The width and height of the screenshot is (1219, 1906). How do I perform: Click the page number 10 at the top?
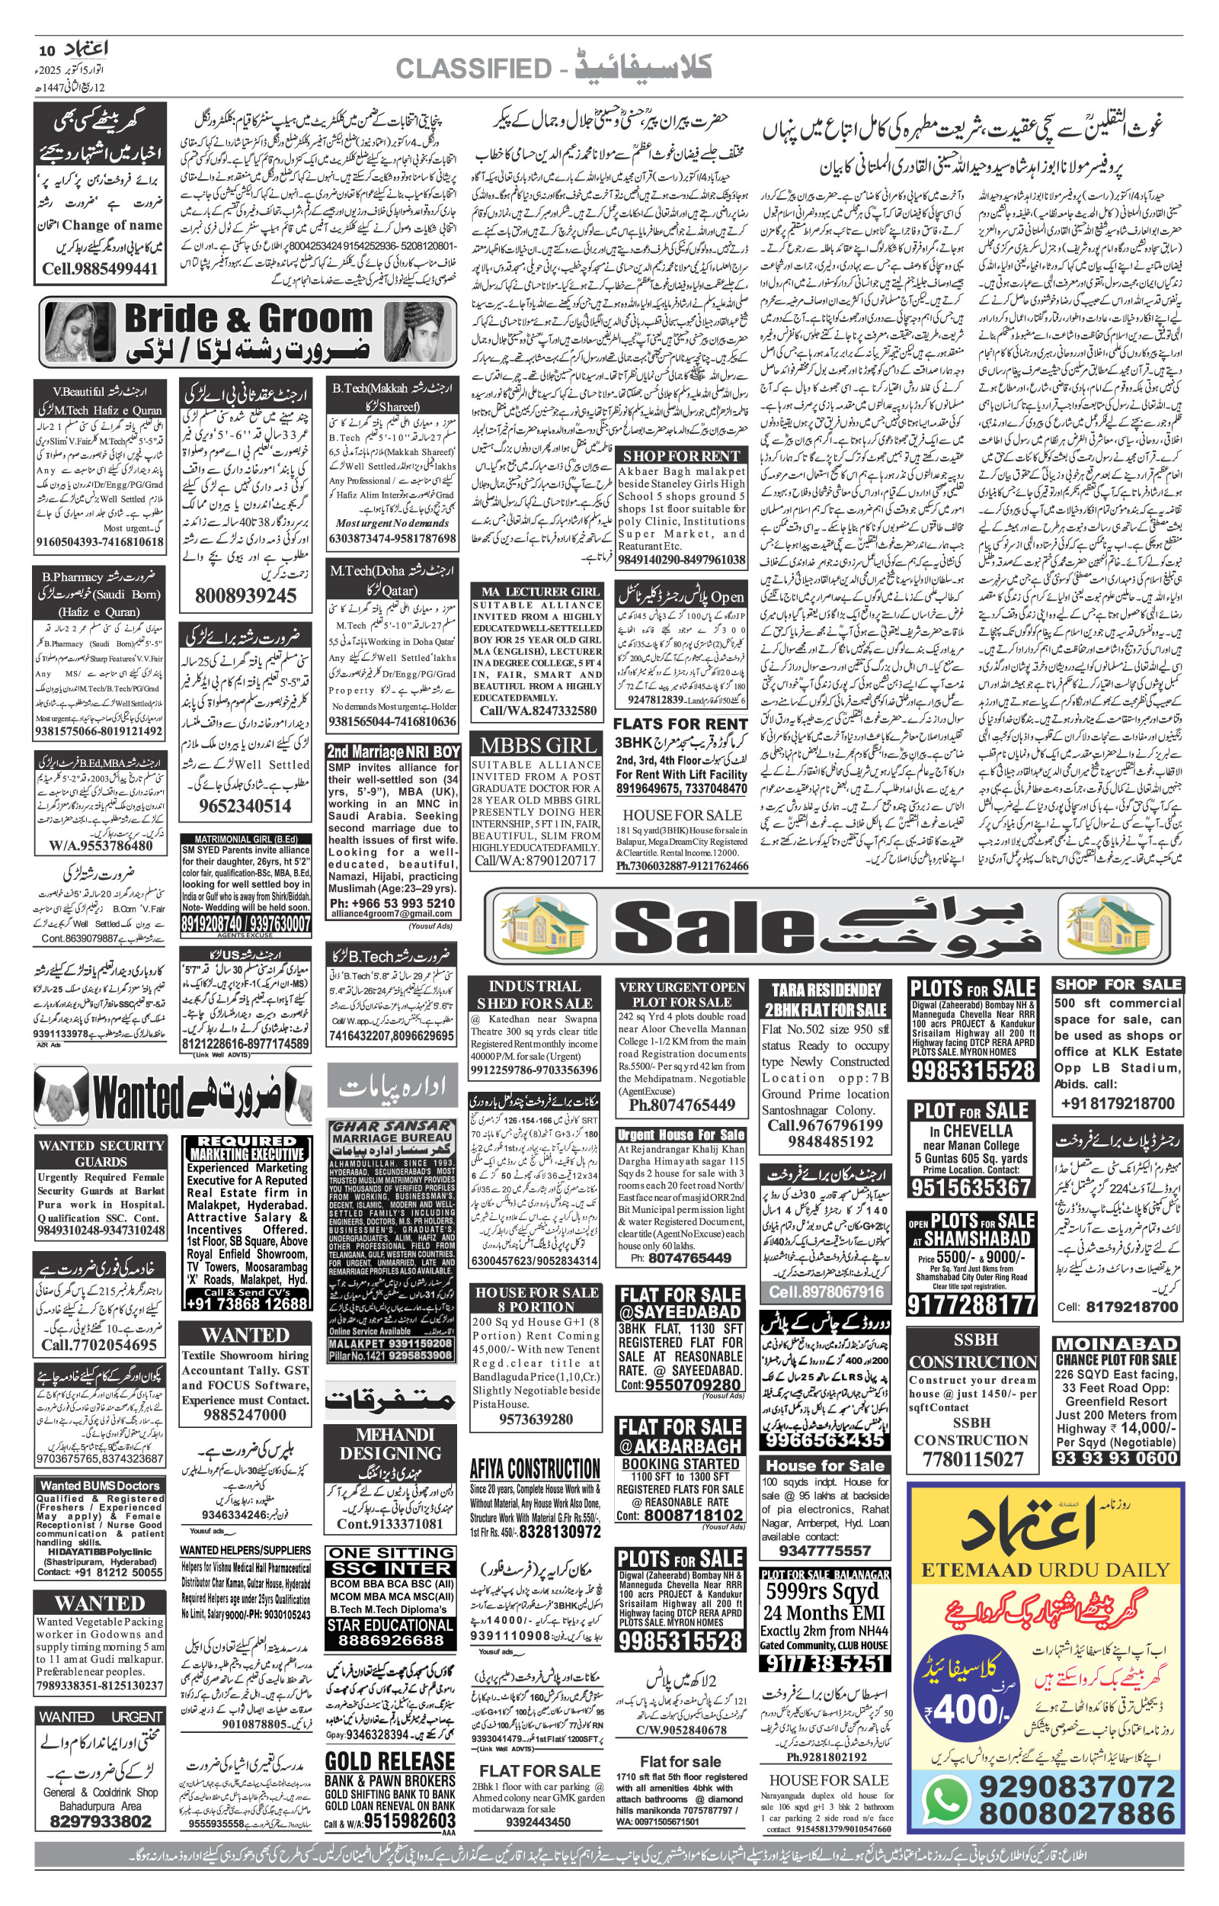tap(46, 50)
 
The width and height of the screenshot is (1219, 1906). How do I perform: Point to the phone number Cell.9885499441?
tap(101, 269)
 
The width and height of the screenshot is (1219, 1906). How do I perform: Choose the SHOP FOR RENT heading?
tap(682, 456)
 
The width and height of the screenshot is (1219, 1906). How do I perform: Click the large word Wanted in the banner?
tap(139, 1099)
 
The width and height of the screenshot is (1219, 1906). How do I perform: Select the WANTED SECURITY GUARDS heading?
tap(101, 1153)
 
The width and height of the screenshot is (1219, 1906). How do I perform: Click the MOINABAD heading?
tap(1116, 1344)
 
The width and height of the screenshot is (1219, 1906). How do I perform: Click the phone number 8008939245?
tap(245, 595)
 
